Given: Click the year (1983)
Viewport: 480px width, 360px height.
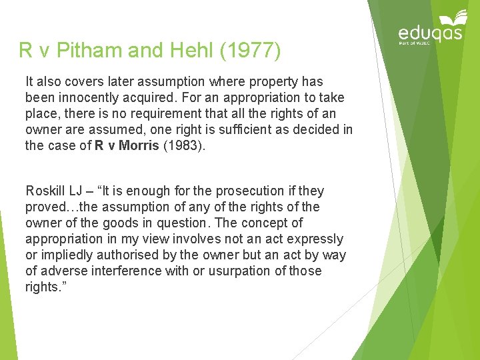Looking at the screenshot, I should click(183, 146).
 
